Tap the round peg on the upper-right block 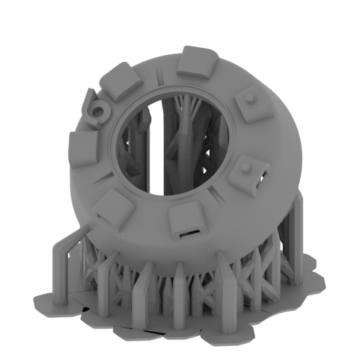point(251,98)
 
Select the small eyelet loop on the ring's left point(98,110)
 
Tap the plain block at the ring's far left point(84,150)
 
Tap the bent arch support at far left point(63,250)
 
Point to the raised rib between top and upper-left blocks point(160,76)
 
